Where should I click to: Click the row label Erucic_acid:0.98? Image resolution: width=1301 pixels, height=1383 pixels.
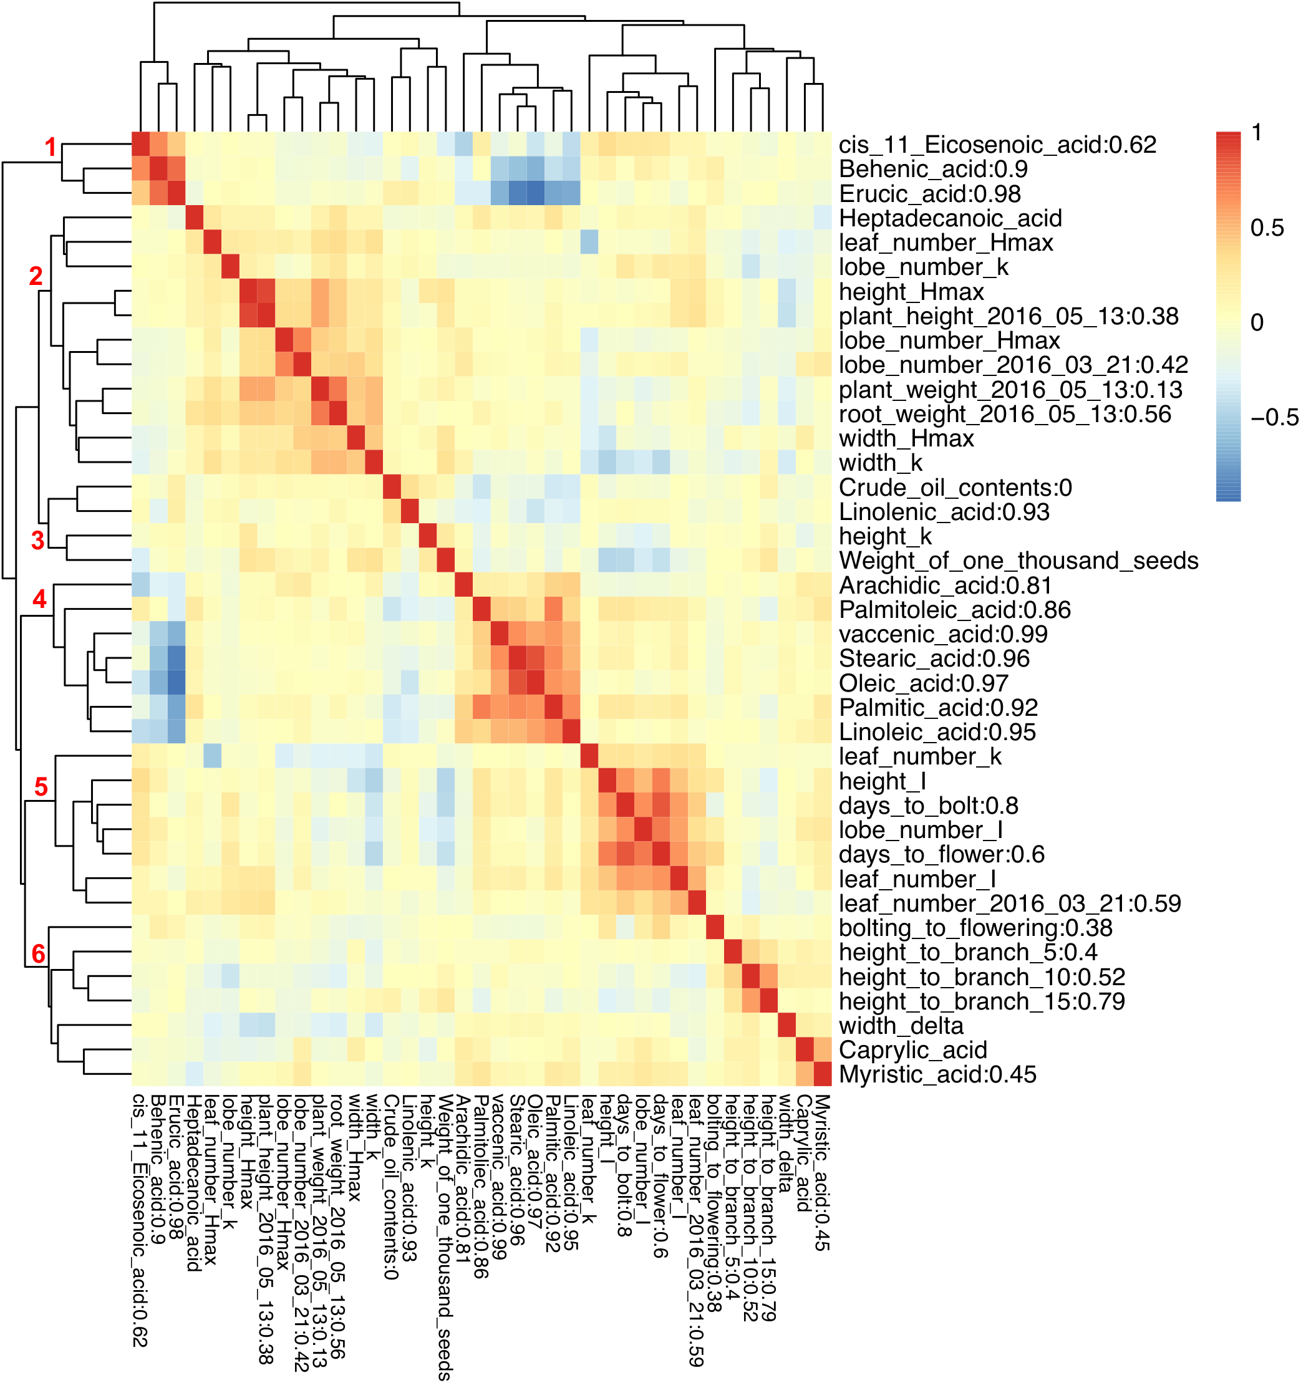[929, 194]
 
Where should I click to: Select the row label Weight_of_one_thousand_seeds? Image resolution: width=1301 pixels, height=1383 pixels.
[1018, 561]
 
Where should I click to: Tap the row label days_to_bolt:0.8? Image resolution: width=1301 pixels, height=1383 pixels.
[928, 806]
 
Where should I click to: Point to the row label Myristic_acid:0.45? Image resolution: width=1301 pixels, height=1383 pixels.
[937, 1074]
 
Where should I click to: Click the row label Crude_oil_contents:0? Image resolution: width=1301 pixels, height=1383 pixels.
[955, 488]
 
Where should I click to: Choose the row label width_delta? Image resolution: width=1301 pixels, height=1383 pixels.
[901, 1026]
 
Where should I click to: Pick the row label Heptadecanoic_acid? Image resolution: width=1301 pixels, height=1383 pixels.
[950, 218]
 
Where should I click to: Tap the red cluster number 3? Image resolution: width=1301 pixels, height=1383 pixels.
[38, 540]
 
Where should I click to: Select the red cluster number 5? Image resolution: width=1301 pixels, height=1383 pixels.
[41, 787]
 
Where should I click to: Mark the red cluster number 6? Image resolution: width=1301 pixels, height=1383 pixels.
[39, 954]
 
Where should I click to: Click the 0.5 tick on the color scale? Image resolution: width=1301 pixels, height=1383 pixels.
[1267, 228]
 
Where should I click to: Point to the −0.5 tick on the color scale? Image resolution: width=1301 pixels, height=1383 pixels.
[1274, 417]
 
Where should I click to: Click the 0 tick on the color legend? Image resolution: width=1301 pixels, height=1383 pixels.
[1257, 322]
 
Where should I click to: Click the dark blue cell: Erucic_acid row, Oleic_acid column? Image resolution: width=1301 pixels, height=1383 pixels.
[535, 193]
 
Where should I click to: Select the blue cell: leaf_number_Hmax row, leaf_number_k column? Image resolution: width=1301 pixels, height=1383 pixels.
[589, 243]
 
